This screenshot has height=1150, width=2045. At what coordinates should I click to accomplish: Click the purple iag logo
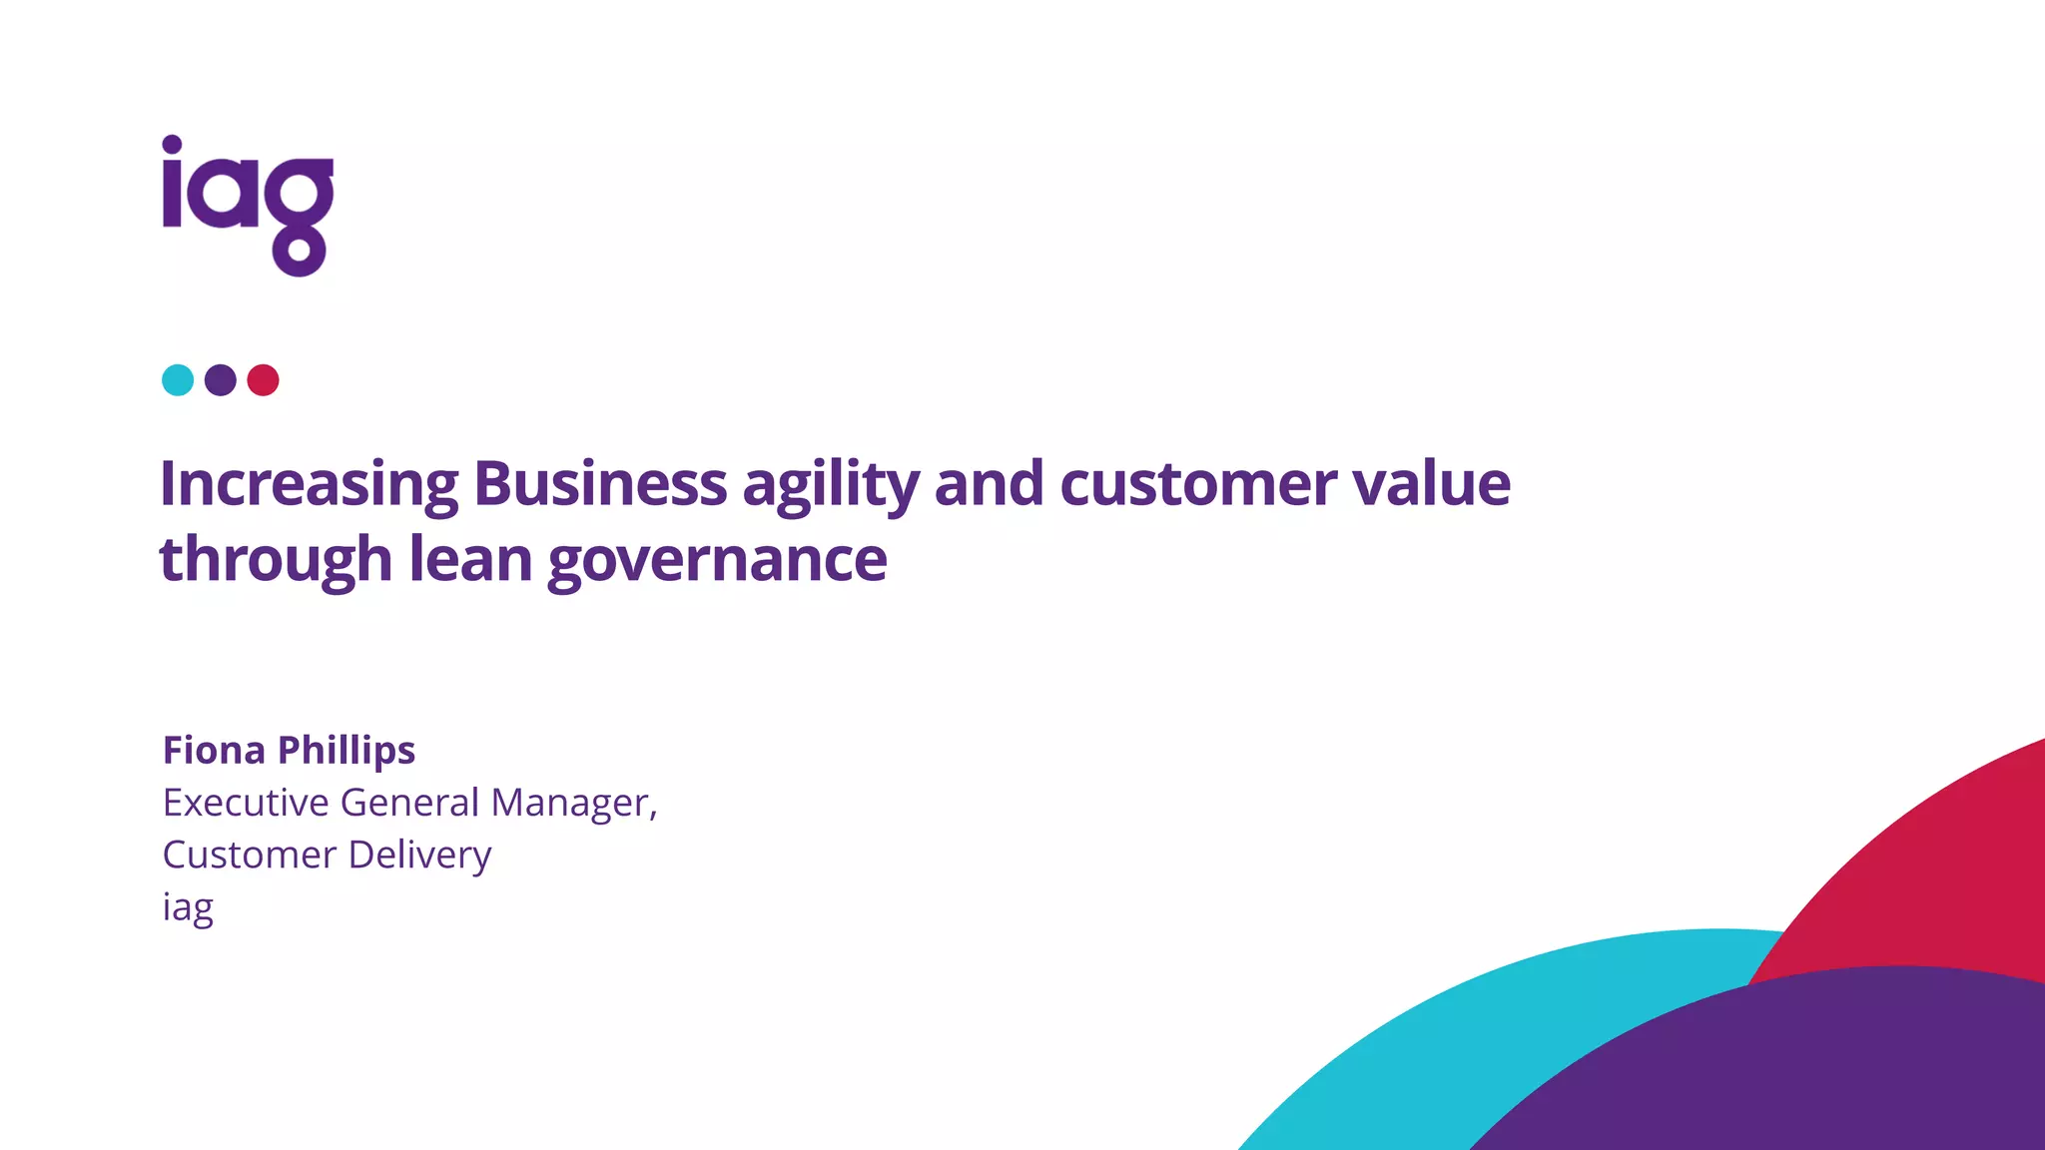248,205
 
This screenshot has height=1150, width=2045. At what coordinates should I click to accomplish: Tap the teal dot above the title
178,380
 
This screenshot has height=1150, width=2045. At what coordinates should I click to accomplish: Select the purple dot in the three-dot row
221,380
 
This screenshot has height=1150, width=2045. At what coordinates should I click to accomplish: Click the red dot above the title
263,380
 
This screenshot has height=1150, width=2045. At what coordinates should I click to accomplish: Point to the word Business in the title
600,484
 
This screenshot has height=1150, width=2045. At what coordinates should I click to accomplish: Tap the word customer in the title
1197,485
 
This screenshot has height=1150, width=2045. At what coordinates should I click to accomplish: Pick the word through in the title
276,560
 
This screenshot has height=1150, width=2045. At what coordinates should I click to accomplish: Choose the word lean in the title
470,559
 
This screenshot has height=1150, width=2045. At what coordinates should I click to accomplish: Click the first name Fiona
215,751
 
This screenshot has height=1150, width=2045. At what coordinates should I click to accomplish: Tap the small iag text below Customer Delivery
188,908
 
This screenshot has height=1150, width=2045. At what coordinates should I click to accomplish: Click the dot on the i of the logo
173,145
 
